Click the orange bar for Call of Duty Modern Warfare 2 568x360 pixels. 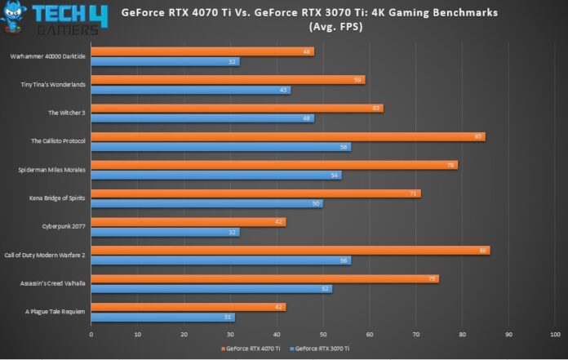pos(290,250)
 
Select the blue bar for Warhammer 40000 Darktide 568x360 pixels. pos(165,61)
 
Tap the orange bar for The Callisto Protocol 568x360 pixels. pos(287,136)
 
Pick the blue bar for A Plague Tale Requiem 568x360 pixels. pos(162,317)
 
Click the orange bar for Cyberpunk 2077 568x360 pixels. pos(188,221)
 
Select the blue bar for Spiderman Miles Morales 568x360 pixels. pos(215,175)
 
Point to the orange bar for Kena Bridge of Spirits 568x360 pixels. pos(255,193)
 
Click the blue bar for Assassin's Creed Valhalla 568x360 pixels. pos(211,288)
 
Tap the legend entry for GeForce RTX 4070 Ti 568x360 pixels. pos(251,349)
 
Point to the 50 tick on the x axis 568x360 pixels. pos(323,334)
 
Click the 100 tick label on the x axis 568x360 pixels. pos(555,334)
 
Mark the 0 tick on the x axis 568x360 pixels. pos(91,334)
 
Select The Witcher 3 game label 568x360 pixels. pos(67,113)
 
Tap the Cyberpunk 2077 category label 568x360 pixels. pos(64,226)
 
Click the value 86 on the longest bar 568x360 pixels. pos(483,250)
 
